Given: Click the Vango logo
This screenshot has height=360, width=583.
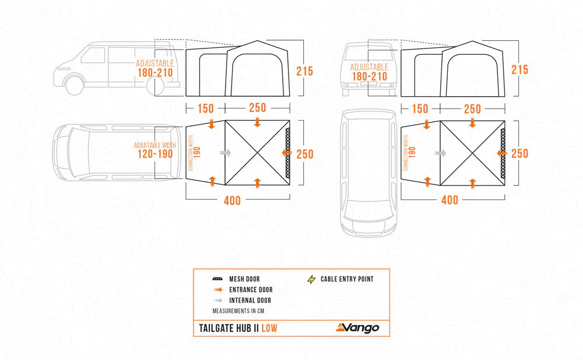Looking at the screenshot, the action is click(x=357, y=327).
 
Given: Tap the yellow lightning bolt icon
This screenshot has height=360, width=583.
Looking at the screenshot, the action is click(x=311, y=279).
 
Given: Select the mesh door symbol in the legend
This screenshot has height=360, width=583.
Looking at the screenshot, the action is click(x=217, y=279).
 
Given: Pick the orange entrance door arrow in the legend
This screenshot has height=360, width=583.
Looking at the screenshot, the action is click(x=218, y=289).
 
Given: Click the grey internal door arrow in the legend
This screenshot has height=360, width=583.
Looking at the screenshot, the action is click(x=218, y=300).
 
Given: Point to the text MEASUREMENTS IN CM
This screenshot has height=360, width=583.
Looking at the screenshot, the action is click(x=238, y=311).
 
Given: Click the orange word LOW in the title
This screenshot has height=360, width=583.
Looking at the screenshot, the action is click(x=269, y=328).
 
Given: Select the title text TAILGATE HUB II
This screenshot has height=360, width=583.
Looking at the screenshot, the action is click(x=229, y=328).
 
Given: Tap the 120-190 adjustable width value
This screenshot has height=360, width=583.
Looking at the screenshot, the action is click(x=155, y=154).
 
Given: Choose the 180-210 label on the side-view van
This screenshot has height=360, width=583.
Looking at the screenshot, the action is click(x=155, y=72).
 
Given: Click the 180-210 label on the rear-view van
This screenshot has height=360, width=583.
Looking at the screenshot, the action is click(x=370, y=76).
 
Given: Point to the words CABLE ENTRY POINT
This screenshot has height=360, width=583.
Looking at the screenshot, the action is click(x=347, y=279).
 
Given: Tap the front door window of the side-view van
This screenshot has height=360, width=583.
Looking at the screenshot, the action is click(x=93, y=55).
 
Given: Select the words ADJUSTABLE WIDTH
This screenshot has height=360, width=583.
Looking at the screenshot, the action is click(x=155, y=145).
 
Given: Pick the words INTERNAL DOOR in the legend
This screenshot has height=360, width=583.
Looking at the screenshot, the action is click(x=250, y=300).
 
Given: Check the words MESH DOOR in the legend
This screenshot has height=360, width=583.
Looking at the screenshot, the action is click(x=244, y=279).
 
